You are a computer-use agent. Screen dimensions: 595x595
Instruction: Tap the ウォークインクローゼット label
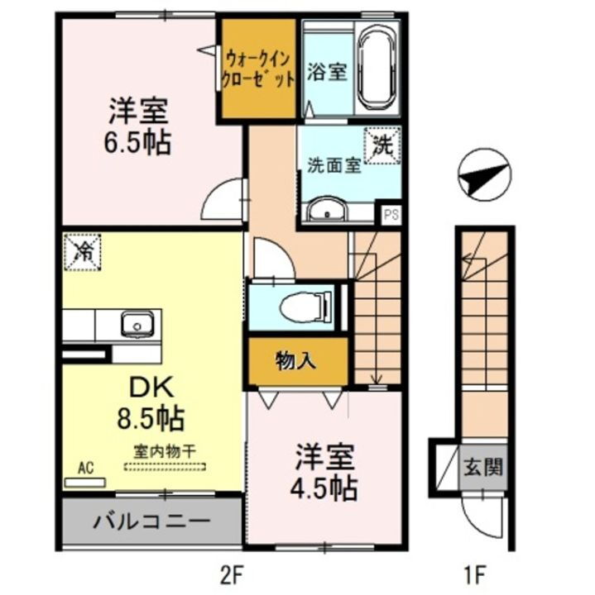click(x=258, y=69)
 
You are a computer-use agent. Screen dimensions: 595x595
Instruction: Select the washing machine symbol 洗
click(x=383, y=147)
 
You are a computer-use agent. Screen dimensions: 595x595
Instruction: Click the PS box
click(x=390, y=213)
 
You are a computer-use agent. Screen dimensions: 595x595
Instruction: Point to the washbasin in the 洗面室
click(x=330, y=212)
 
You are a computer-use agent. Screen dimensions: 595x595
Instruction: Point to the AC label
click(x=84, y=469)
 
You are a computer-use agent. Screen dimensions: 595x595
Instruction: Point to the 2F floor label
click(x=237, y=572)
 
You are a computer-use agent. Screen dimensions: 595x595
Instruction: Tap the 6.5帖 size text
click(x=137, y=143)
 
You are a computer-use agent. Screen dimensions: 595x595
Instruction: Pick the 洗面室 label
click(x=333, y=164)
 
